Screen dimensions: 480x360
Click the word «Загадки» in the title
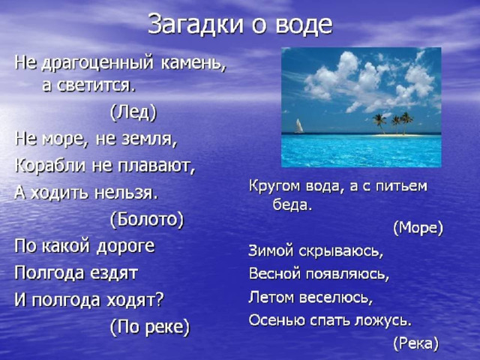pyautogui.click(x=196, y=25)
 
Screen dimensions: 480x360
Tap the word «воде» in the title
pyautogui.click(x=303, y=25)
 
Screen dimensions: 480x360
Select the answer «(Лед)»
pyautogui.click(x=133, y=112)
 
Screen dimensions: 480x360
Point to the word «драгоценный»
pyautogui.click(x=97, y=63)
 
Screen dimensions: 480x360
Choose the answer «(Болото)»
pyautogui.click(x=147, y=219)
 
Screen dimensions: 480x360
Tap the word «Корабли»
pyautogui.click(x=50, y=166)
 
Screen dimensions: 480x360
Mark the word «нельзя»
pyautogui.click(x=126, y=193)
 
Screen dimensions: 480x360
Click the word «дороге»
pyautogui.click(x=125, y=247)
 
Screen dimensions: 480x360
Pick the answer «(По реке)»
pyautogui.click(x=150, y=327)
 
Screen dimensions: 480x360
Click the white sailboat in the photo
pyautogui.click(x=298, y=126)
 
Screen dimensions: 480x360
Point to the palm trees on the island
pyautogui.click(x=393, y=123)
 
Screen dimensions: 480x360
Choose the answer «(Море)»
pyautogui.click(x=418, y=228)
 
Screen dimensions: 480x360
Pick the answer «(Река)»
pyautogui.click(x=415, y=343)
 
